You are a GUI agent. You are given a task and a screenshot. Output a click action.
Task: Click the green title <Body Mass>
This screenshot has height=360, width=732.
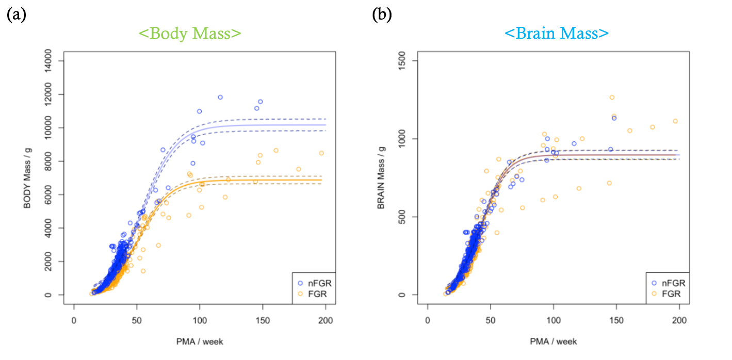189,34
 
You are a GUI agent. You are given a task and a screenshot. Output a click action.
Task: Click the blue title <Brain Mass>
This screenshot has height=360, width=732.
556,34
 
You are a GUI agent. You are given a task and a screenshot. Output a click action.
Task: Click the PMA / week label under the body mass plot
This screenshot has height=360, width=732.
201,341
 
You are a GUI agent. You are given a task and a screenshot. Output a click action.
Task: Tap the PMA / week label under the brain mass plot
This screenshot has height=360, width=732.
554,341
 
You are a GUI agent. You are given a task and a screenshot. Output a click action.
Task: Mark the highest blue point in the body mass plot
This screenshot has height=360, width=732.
220,97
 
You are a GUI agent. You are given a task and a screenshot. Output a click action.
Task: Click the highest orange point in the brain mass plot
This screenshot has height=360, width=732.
612,97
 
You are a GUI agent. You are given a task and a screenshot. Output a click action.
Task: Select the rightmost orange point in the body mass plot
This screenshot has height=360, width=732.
321,153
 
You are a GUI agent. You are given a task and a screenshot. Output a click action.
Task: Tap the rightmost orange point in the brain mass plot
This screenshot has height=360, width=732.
675,121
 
